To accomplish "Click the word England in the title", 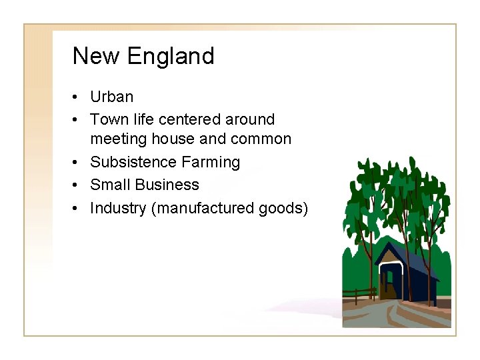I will point(170,56).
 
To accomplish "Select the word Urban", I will point(111,97).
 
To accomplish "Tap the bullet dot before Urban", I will point(78,97).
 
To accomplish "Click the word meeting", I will point(117,139).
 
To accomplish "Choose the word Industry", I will point(118,208).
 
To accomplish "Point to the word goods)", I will point(285,208).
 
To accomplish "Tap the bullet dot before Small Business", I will point(78,185).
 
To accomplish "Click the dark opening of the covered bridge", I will point(388,283).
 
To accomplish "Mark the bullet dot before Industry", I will point(78,208).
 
